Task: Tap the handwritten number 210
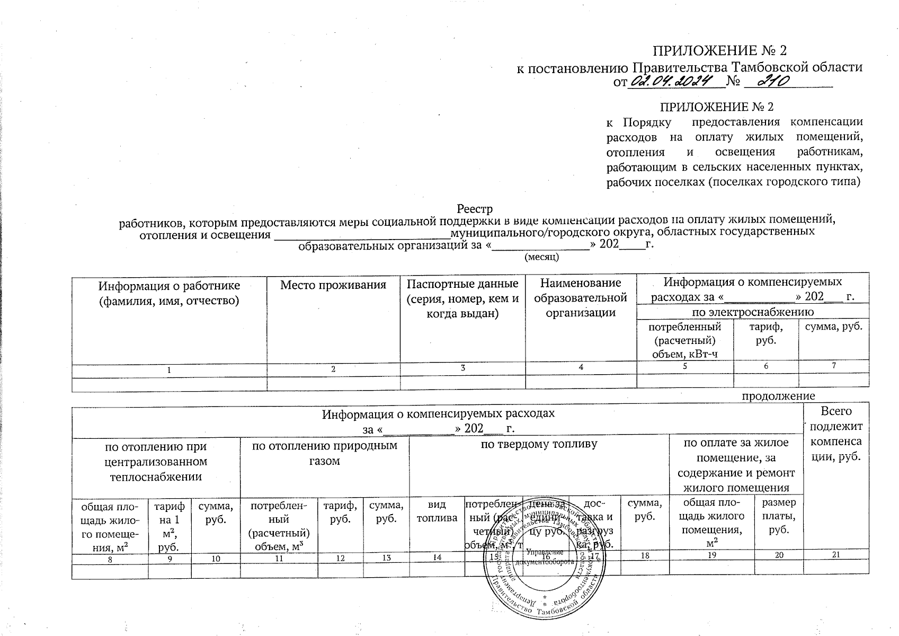tap(773, 81)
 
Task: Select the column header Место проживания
tap(333, 285)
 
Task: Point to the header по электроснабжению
tap(752, 311)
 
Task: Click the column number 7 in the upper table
tap(833, 366)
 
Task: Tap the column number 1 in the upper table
tap(169, 369)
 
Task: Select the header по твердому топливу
tap(539, 444)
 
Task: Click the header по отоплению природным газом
tap(324, 453)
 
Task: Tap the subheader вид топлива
tap(437, 511)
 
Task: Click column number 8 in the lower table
tap(110, 558)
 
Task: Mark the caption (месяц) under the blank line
tap(541, 257)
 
